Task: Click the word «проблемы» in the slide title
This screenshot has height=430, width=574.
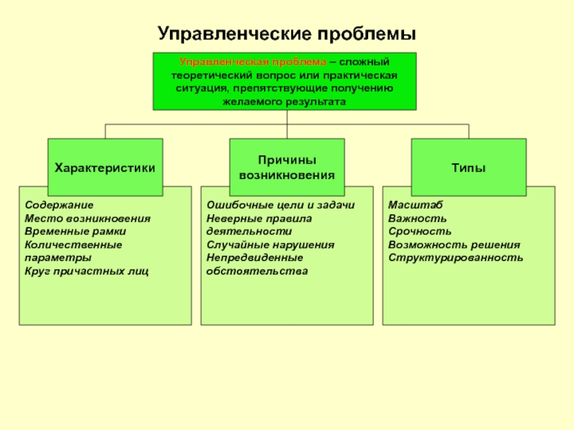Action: click(367, 34)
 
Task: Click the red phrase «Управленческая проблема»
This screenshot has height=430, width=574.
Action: click(253, 62)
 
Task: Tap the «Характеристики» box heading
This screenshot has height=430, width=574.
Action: click(105, 168)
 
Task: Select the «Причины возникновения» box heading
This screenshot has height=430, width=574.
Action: click(287, 168)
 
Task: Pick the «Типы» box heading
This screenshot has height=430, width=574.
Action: click(469, 168)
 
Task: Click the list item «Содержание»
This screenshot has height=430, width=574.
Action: click(59, 205)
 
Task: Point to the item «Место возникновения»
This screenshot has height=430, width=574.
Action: click(88, 219)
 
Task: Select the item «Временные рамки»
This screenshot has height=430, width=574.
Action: click(75, 231)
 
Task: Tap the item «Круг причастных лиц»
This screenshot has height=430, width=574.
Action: click(86, 272)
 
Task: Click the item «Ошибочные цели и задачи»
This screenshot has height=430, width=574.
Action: click(281, 205)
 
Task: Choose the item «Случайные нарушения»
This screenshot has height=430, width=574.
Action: click(270, 244)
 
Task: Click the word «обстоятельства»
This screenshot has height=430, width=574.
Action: click(257, 272)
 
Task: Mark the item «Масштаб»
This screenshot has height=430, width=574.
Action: click(415, 205)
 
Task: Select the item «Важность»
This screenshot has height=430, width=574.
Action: click(418, 219)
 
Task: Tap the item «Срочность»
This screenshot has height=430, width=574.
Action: click(420, 231)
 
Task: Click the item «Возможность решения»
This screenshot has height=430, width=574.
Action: click(454, 244)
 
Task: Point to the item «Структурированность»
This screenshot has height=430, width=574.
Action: click(456, 258)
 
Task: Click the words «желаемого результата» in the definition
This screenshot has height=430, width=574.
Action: click(284, 102)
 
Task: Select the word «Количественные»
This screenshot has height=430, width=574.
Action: click(73, 244)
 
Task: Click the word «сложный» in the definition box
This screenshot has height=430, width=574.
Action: click(364, 62)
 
